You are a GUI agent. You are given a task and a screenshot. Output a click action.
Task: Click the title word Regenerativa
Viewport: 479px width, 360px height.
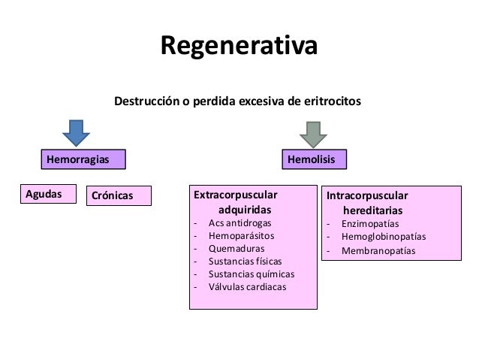tap(239, 45)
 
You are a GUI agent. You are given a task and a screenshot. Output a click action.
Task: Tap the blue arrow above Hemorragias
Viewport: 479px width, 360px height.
tap(77, 133)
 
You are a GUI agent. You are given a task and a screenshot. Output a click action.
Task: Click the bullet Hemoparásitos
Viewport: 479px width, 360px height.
tap(242, 236)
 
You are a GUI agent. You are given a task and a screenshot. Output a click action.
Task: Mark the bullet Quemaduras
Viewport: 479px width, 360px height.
tap(236, 249)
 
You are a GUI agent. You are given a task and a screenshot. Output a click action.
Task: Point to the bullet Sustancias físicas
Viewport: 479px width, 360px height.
tap(245, 261)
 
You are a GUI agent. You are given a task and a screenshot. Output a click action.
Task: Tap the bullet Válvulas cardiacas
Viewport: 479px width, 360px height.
tap(247, 286)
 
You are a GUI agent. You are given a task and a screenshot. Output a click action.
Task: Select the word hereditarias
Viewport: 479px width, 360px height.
tap(373, 210)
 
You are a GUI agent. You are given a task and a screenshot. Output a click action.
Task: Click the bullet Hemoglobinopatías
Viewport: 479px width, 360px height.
tap(383, 237)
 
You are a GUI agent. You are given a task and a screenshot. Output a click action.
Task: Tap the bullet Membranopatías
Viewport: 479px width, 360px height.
tap(378, 250)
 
